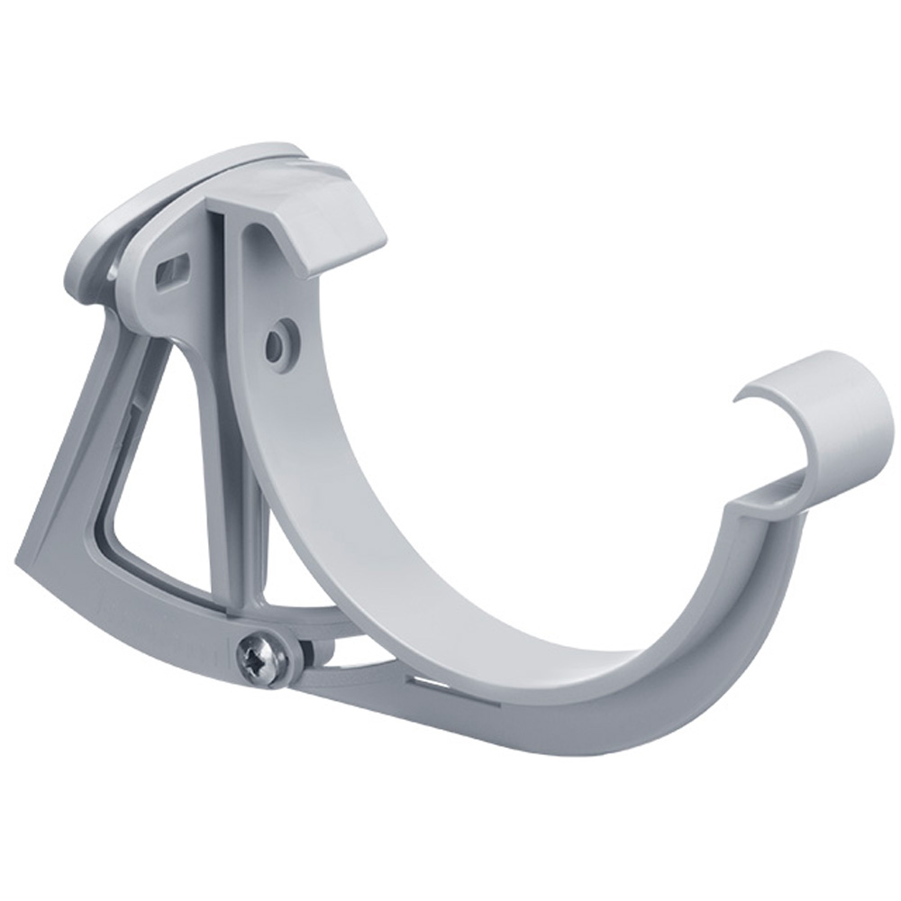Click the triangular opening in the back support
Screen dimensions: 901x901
pos(158,505)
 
